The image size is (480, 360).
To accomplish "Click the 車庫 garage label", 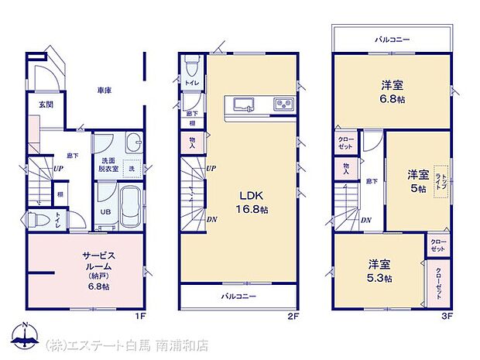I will (105, 91).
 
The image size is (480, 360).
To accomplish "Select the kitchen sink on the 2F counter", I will (241, 104).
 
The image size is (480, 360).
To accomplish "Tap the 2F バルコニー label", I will (239, 296).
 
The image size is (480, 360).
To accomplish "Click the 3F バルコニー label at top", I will (393, 38).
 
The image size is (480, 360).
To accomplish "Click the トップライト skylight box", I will (441, 180).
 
